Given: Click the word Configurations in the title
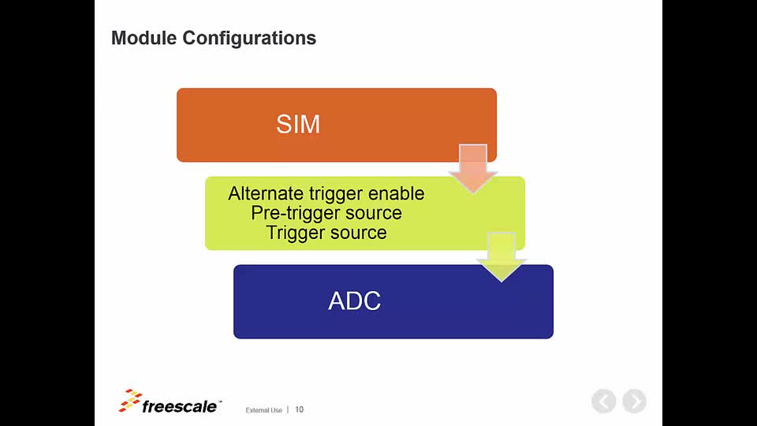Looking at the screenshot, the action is (x=249, y=39).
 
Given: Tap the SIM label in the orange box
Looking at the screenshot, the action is (x=298, y=124).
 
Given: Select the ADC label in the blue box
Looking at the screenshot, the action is (x=354, y=301).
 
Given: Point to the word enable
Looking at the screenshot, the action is (x=396, y=193).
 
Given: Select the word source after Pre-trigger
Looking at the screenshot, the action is (x=373, y=214).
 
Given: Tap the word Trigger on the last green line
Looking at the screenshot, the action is (x=293, y=233).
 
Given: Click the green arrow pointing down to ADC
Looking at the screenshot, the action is (x=502, y=256).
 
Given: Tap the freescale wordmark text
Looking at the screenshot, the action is (x=180, y=407).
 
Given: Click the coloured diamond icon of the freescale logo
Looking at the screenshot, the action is (x=130, y=401).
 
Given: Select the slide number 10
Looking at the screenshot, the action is (x=300, y=409).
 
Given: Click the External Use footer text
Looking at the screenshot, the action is (x=263, y=410).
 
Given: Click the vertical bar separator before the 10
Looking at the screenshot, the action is (x=288, y=409).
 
